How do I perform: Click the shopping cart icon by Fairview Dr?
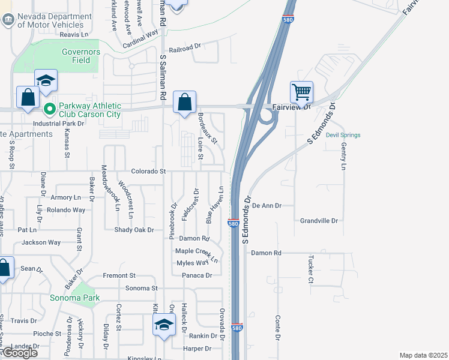coord(301,92)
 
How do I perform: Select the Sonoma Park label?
coord(74,298)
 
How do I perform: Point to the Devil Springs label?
coord(343,135)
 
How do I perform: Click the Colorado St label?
coord(148,171)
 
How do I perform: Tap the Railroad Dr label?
coord(184,45)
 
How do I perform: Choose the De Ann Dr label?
coord(267,205)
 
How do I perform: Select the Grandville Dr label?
coord(319,221)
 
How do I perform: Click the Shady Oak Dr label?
coord(134,230)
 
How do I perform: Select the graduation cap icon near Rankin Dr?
coord(163,326)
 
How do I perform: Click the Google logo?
coord(19,353)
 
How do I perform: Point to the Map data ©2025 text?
coord(424,355)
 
